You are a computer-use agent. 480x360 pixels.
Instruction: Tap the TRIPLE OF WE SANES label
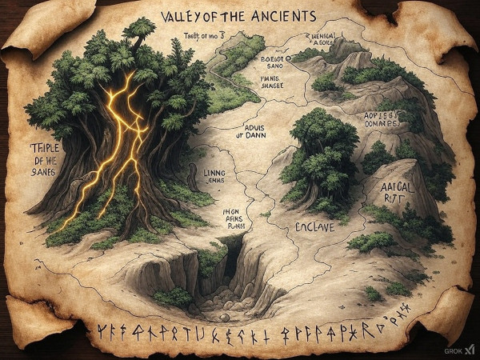(x=31, y=157)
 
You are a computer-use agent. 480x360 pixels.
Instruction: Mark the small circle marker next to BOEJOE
(x=284, y=57)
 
